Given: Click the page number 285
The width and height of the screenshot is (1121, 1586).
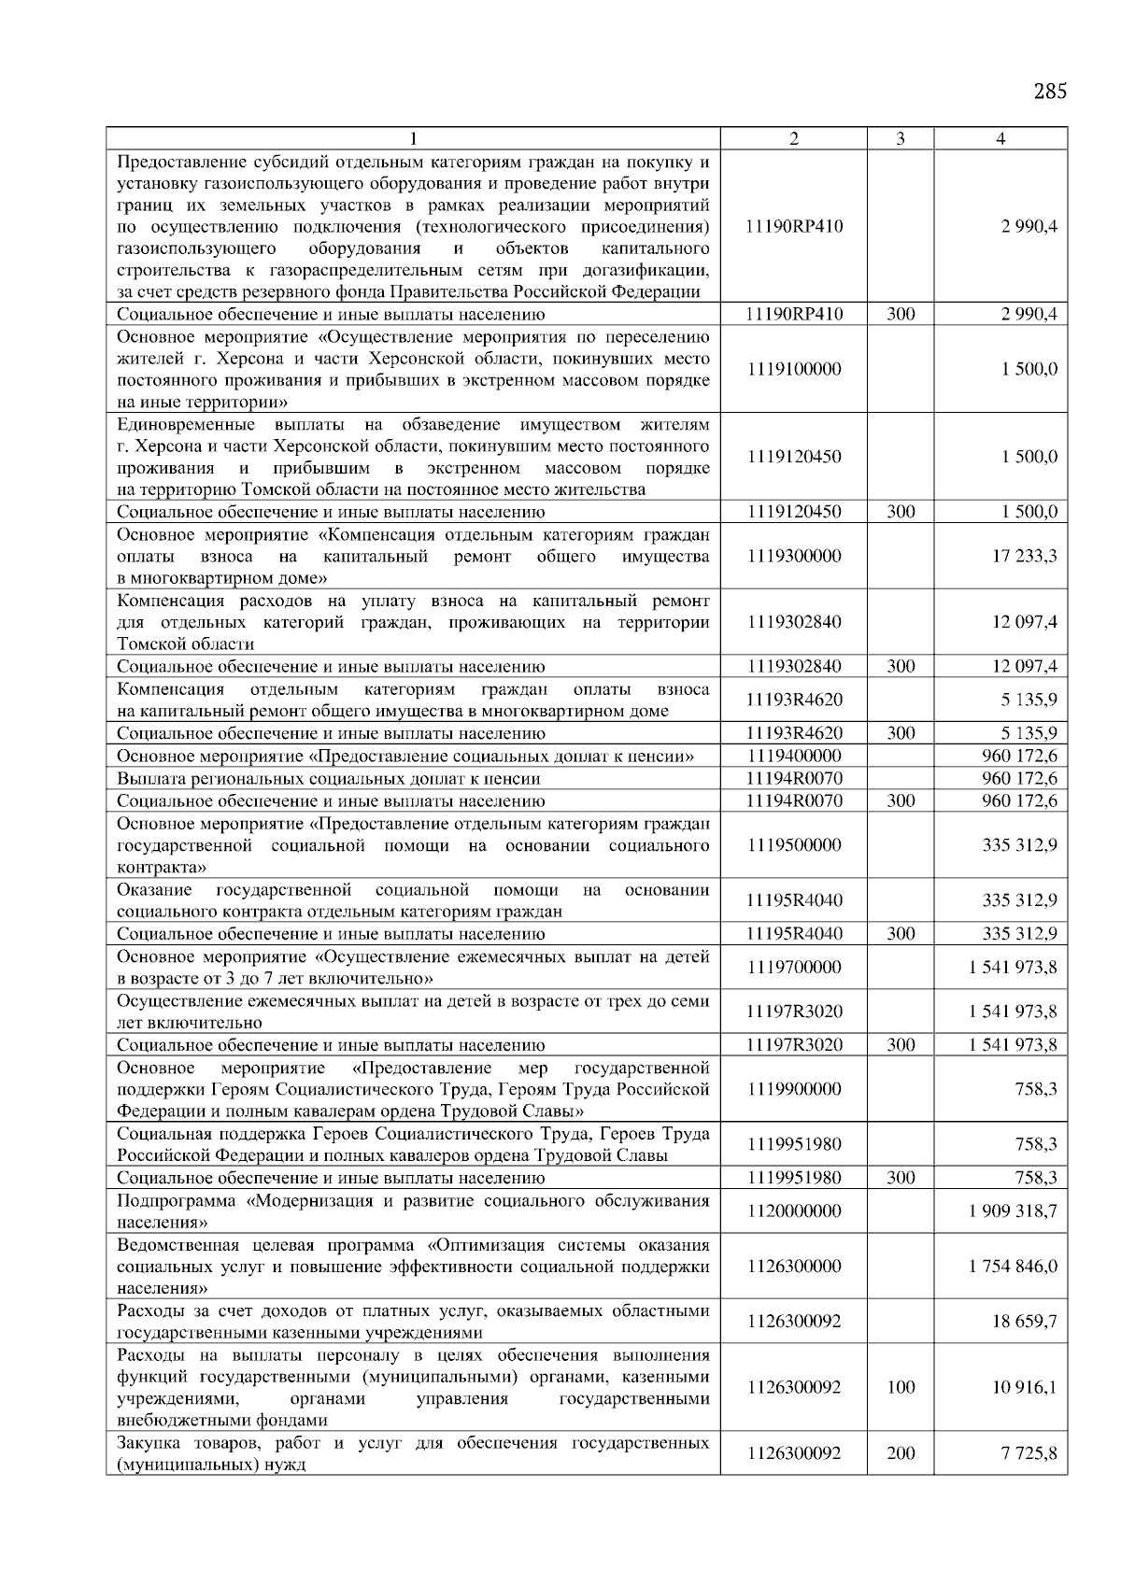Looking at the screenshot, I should pos(1050,92).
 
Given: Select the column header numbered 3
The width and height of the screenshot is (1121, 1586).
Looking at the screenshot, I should pos(900,139).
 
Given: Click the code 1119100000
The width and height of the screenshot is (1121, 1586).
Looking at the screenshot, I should pos(794,369).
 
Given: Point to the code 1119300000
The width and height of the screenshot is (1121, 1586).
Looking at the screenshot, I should pos(794,556).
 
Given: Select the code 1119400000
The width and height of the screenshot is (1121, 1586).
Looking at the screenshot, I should pos(794,756).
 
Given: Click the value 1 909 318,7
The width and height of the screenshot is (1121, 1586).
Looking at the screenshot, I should pos(1014,1211).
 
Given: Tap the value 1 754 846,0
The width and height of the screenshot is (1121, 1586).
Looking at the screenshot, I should pos(1014,1267).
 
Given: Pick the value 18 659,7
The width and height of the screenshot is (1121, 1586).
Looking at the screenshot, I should pos(1024,1322).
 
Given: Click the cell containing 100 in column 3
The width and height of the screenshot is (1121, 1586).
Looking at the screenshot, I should pos(900,1387).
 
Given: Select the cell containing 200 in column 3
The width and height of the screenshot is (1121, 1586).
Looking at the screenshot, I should pos(900,1453).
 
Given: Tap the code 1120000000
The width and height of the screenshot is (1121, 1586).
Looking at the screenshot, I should pos(794,1211).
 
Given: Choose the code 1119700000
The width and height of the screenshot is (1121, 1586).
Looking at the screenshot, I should pos(794,967).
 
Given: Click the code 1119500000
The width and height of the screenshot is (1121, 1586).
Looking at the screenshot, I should pos(794,844).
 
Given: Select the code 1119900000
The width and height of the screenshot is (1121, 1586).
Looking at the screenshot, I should pos(794,1089).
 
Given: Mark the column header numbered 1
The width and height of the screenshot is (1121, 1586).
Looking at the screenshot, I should pos(413,139).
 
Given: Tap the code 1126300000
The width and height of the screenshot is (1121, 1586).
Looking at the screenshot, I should pos(794,1267).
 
